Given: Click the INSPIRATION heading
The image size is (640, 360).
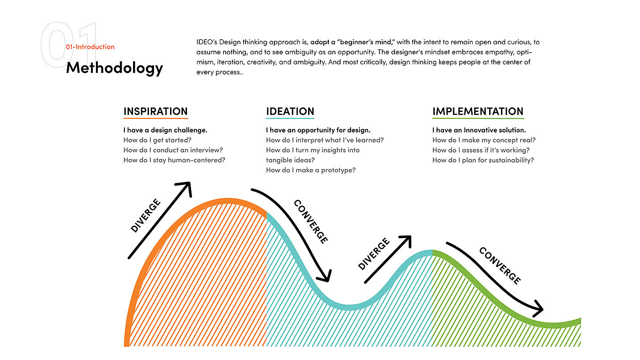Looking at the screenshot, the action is [155, 111].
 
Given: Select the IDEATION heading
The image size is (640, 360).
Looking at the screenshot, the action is [290, 111].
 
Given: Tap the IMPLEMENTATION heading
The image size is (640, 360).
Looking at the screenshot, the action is [478, 111].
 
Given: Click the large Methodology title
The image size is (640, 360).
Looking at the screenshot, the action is [114, 68].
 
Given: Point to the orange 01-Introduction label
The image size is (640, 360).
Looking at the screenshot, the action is [90, 47].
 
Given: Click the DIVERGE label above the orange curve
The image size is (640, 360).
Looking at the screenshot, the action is [146, 216].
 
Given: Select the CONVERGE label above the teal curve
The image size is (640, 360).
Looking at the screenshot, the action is [311, 222].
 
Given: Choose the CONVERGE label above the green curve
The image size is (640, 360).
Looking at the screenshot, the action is [500, 265].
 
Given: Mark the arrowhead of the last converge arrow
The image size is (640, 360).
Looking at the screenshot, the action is [539, 309].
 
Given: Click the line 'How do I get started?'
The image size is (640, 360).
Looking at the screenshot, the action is [157, 140].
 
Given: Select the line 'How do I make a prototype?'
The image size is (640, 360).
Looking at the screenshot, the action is [310, 170].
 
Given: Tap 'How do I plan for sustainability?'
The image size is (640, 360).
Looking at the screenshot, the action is [483, 160].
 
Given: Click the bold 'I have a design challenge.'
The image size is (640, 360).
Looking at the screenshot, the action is [165, 130].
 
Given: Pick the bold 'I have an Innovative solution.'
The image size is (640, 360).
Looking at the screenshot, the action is [479, 130].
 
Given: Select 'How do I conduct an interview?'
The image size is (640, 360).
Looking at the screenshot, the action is [173, 150].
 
